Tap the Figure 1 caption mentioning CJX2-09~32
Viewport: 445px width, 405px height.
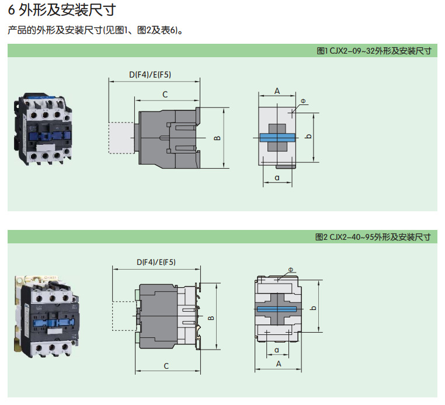pyautogui.click(x=374, y=51)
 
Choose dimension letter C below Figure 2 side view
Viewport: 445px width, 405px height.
pyautogui.click(x=166, y=366)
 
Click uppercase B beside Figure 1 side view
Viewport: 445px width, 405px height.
pyautogui.click(x=216, y=138)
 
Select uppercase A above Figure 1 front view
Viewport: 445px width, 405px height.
pyautogui.click(x=277, y=90)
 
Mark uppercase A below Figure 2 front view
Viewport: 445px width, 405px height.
pyautogui.click(x=279, y=364)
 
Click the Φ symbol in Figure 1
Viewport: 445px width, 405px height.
pyautogui.click(x=303, y=101)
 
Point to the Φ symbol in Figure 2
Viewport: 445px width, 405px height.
pyautogui.click(x=291, y=270)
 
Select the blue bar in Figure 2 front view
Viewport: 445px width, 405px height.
pyautogui.click(x=278, y=309)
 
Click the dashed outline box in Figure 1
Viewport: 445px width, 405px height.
pyautogui.click(x=121, y=138)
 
